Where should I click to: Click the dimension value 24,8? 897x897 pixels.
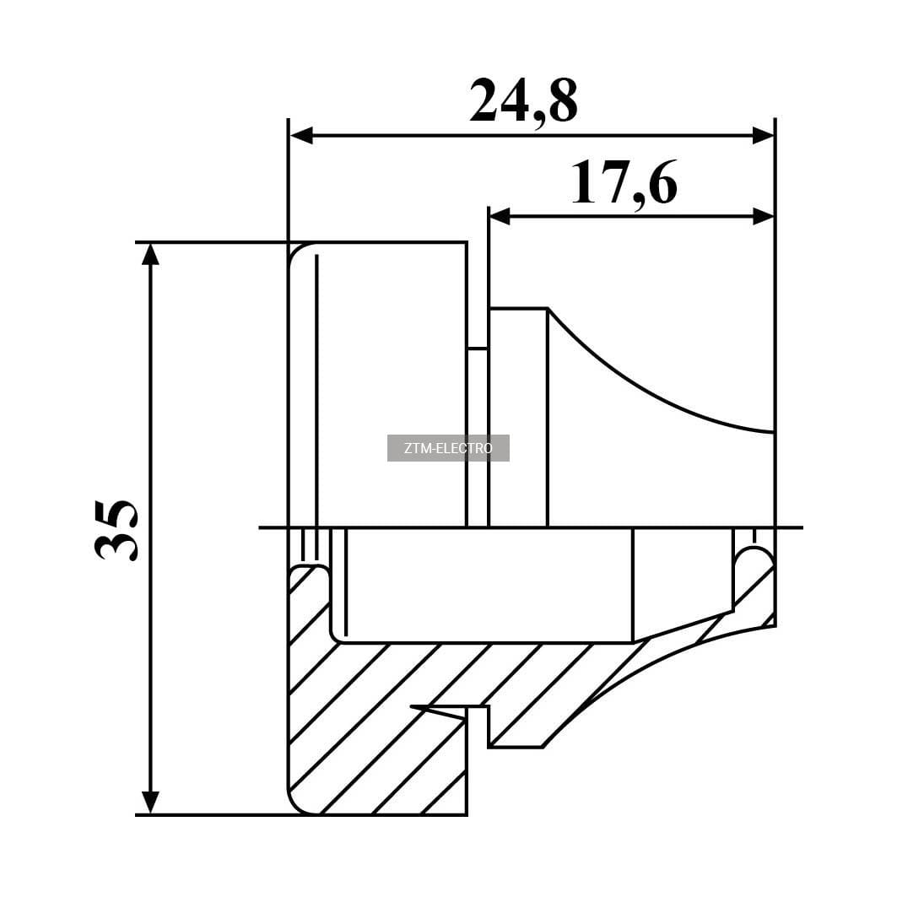click(523, 102)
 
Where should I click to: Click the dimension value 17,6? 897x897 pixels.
click(624, 184)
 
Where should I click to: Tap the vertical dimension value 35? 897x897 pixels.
click(116, 530)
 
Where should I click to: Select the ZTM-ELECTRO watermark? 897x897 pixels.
click(448, 448)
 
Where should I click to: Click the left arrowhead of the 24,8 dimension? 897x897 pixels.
click(301, 136)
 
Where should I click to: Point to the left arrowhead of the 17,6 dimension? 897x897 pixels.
click(500, 217)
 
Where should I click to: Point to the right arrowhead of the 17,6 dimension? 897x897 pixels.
click(763, 217)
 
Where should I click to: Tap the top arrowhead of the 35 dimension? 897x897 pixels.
click(150, 255)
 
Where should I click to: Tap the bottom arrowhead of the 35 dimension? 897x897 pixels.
click(150, 802)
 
